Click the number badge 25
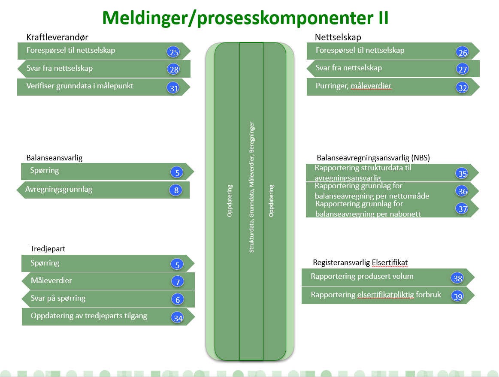tap(174, 53)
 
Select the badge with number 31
tap(174, 88)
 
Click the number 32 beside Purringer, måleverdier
tap(463, 88)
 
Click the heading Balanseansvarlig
tap(54, 158)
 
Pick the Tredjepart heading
tap(48, 249)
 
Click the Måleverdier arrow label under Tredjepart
tap(51, 281)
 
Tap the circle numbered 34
tap(178, 318)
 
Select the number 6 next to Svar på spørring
tap(178, 300)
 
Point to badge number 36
tap(463, 192)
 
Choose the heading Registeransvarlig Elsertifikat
tap(360, 262)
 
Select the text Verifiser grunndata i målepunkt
tap(80, 86)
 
